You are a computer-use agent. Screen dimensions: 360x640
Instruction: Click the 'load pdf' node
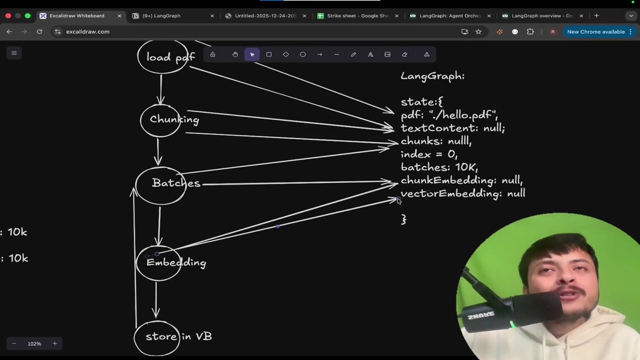(x=163, y=57)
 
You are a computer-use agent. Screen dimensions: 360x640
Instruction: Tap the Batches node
(x=161, y=185)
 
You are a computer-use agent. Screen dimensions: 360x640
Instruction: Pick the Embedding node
(x=158, y=263)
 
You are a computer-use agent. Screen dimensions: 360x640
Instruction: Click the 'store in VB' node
(x=157, y=337)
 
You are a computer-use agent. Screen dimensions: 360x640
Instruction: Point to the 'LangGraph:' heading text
(x=433, y=76)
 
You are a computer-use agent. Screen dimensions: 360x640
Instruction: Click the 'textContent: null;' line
(x=453, y=129)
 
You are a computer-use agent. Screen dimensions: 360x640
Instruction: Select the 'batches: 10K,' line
(x=439, y=167)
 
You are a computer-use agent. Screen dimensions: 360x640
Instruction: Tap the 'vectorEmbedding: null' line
(x=463, y=194)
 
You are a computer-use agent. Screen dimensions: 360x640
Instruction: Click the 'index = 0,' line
(x=429, y=155)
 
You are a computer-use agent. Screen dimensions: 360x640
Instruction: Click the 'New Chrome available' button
(x=595, y=32)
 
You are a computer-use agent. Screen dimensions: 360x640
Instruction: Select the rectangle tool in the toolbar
(x=269, y=54)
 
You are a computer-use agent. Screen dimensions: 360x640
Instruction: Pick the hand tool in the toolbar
(x=235, y=54)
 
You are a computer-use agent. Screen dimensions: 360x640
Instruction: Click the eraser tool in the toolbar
(x=404, y=54)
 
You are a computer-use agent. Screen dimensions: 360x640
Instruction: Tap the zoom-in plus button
(x=55, y=343)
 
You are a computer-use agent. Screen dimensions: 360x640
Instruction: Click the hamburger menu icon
(x=14, y=53)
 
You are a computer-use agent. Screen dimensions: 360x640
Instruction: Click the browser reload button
(x=39, y=32)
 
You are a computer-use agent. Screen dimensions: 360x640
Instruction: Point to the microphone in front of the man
(x=512, y=310)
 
